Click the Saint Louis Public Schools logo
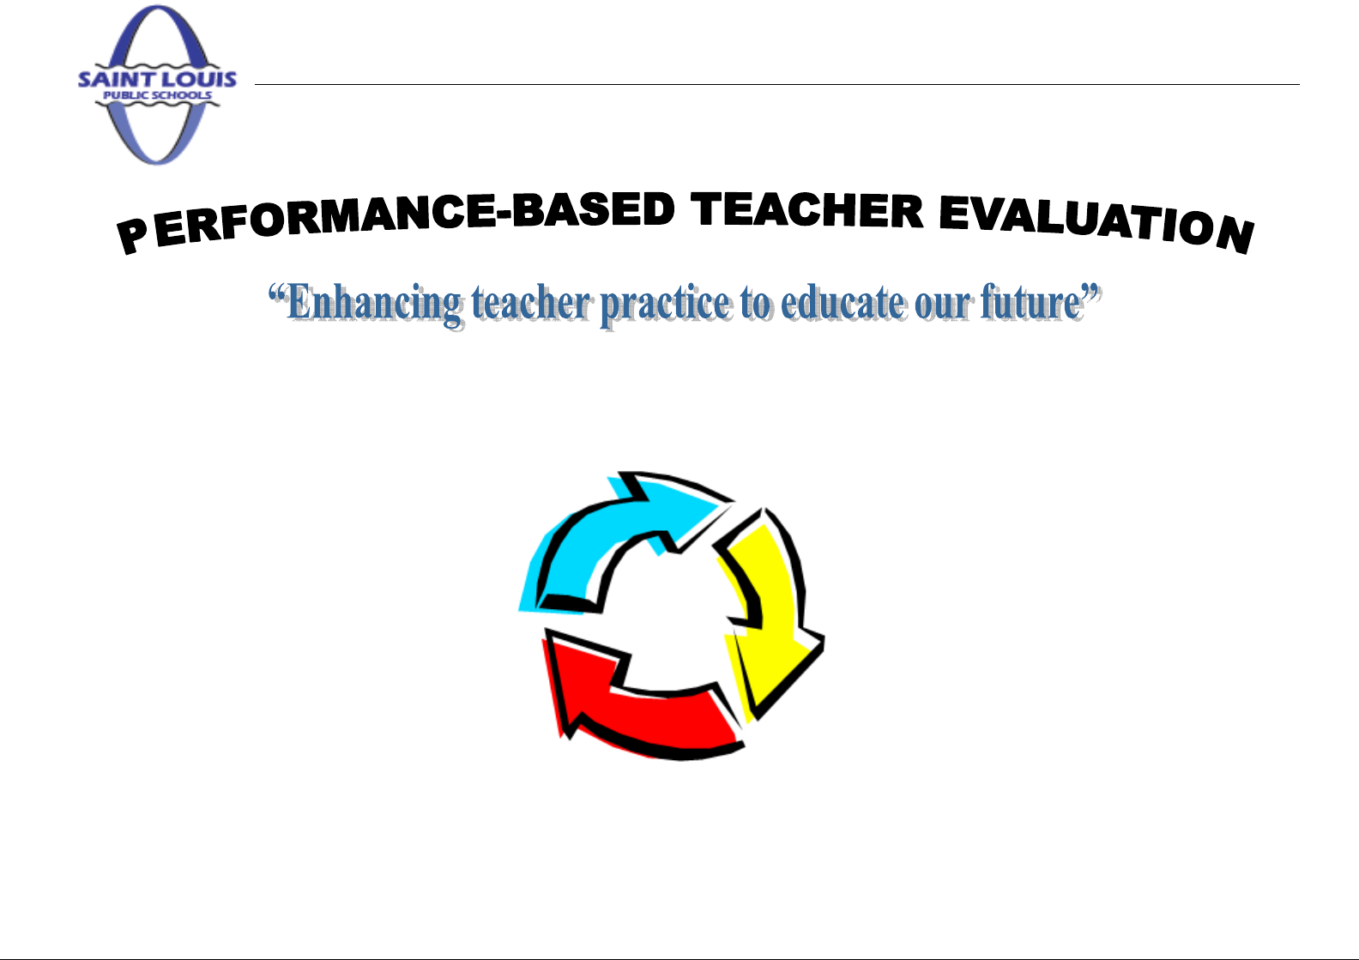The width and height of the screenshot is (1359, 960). pos(157,85)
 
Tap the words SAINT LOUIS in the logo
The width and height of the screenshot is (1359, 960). pos(157,79)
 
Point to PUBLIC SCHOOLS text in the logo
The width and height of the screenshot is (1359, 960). pos(157,95)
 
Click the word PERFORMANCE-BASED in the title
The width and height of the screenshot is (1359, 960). pos(396,220)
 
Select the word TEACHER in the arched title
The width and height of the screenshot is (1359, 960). pos(806,210)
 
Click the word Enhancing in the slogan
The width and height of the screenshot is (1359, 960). pos(374,304)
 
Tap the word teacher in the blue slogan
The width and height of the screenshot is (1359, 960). pos(531,303)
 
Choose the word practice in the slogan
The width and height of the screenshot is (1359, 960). pos(666,305)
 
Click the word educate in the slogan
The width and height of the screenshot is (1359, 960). pos(843,303)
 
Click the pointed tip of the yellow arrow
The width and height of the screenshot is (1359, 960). pos(755,719)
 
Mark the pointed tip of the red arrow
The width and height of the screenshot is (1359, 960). pos(546,630)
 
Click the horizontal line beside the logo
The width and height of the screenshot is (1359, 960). pos(776,84)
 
